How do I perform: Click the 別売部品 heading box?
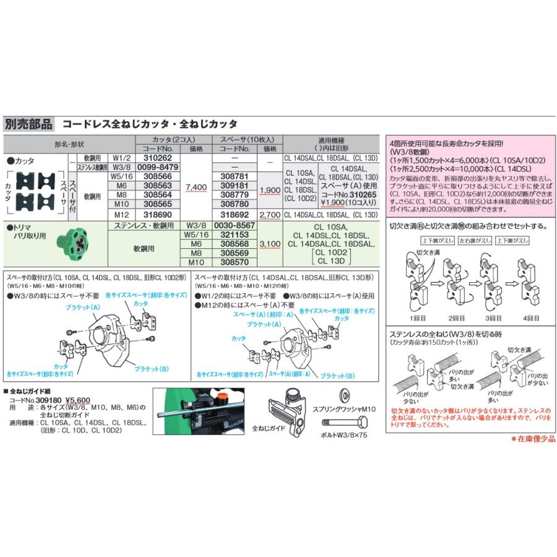29,124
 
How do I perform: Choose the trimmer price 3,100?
270,244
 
